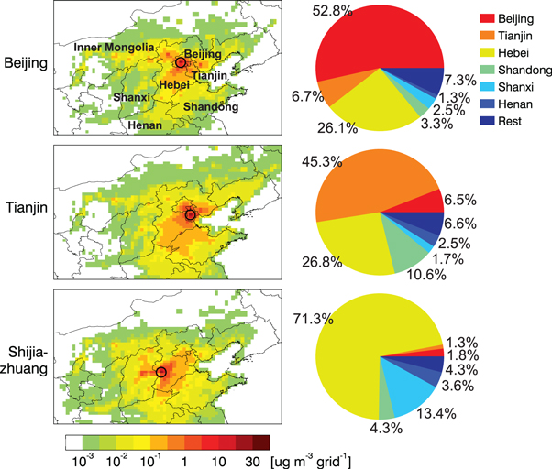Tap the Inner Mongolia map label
pyautogui.click(x=112, y=47)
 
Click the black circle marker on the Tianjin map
pyautogui.click(x=191, y=214)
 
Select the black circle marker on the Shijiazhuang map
pyautogui.click(x=161, y=372)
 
